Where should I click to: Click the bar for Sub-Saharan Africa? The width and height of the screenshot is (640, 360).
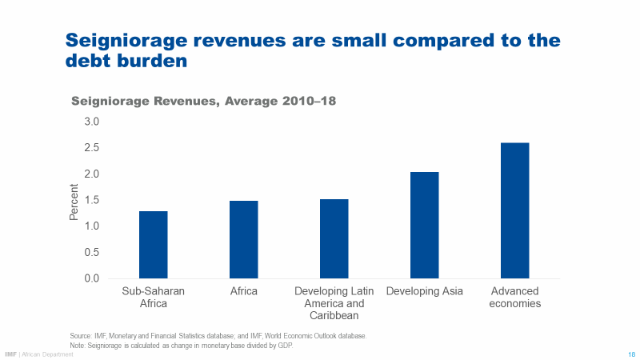click(x=153, y=245)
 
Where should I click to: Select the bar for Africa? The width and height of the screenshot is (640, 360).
click(x=243, y=239)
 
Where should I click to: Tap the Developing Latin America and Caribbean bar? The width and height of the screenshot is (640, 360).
click(x=334, y=238)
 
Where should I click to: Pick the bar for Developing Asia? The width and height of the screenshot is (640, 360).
click(x=424, y=225)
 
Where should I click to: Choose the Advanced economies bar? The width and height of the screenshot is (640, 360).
click(x=514, y=210)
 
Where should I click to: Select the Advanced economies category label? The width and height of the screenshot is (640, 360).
click(x=515, y=297)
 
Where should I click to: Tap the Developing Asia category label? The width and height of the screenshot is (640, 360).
click(x=424, y=291)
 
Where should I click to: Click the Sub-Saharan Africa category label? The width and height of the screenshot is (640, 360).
click(x=153, y=297)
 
